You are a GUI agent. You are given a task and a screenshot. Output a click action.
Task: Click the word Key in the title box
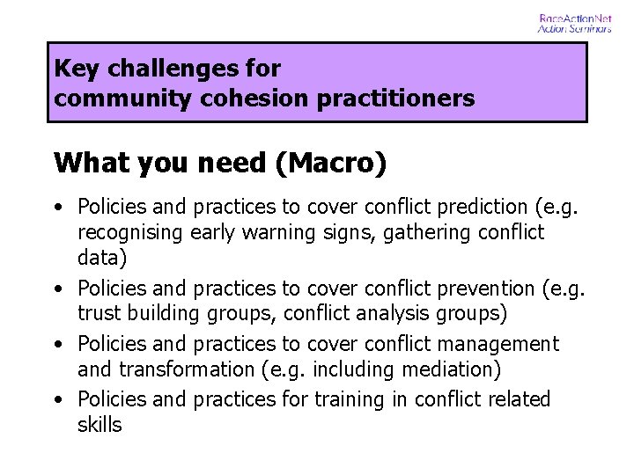[74, 69]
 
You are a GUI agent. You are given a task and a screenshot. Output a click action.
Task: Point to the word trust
[99, 314]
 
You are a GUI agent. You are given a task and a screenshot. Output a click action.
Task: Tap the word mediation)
[448, 369]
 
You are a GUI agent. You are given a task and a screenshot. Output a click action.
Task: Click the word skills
[100, 425]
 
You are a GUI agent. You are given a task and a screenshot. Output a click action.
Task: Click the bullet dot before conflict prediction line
[58, 208]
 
